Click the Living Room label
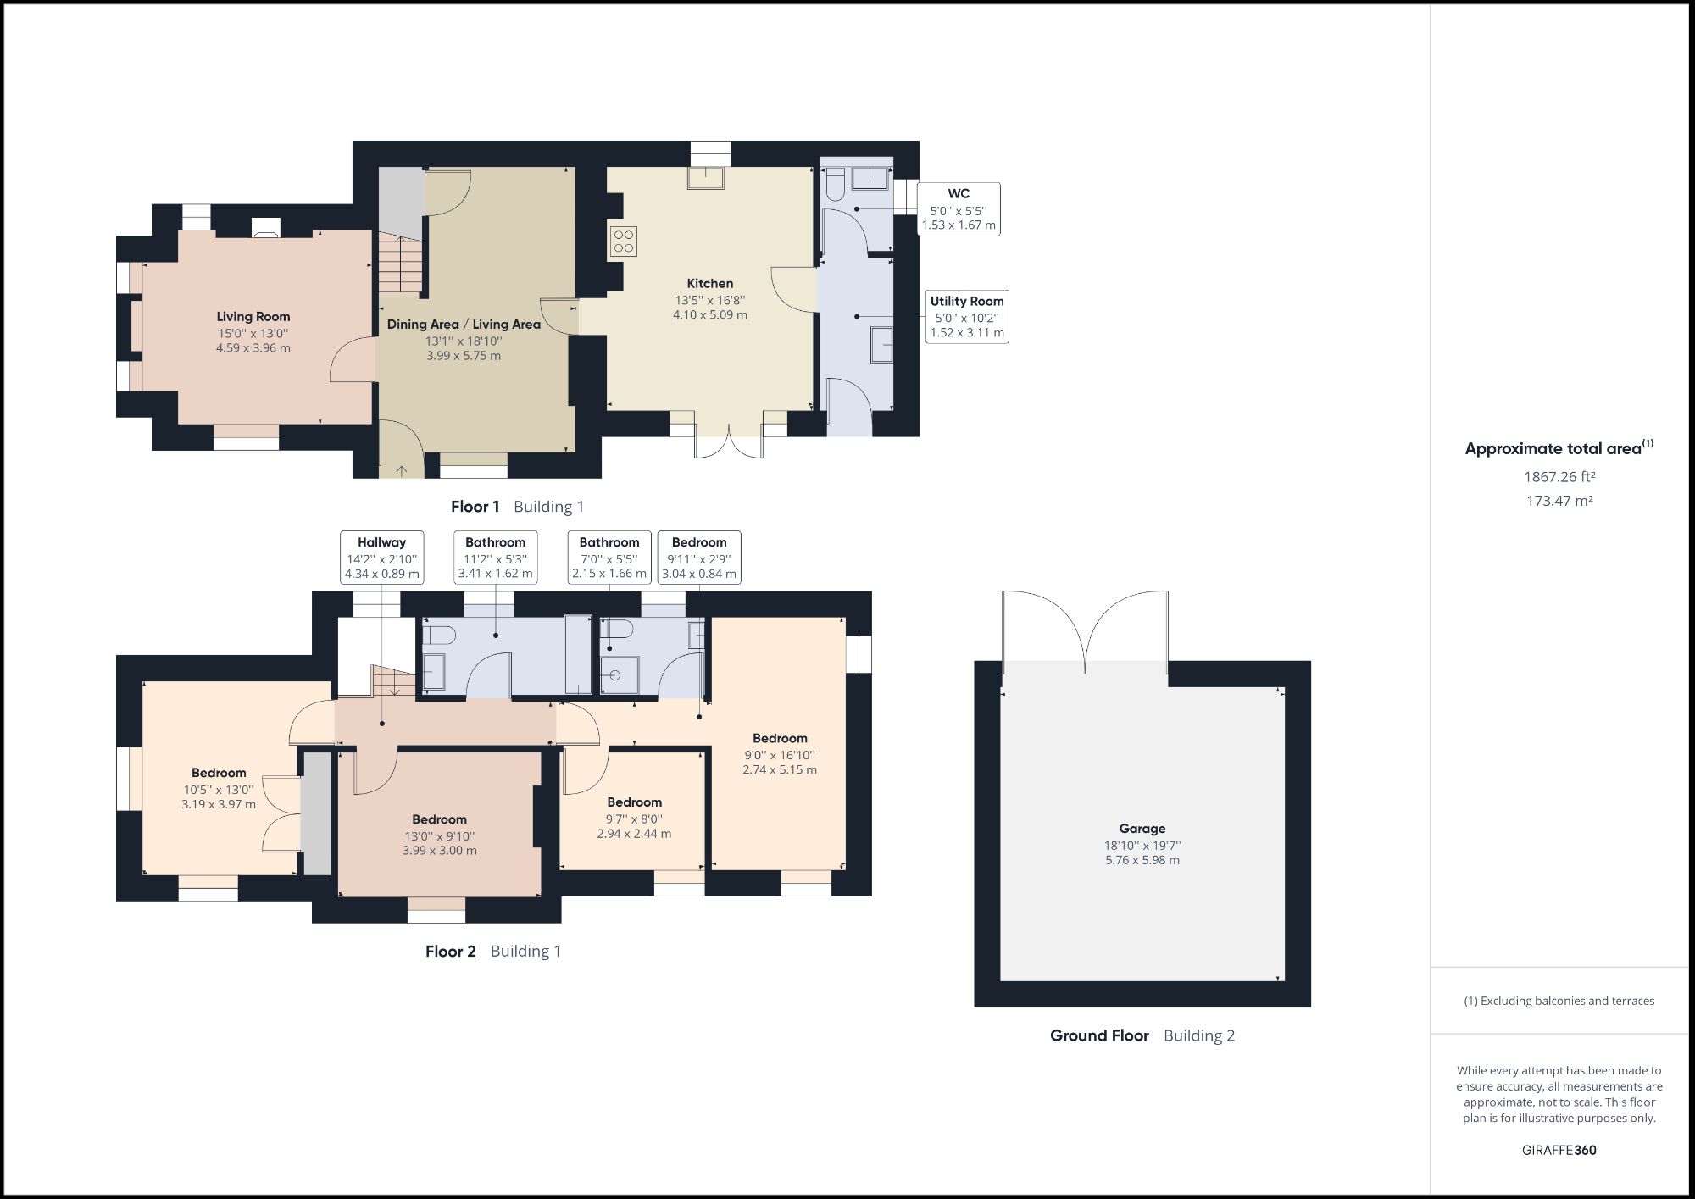tap(253, 317)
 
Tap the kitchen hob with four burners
tap(623, 241)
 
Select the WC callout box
tap(959, 209)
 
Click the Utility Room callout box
tap(967, 317)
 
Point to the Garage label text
tap(1142, 829)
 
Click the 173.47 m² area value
tap(1559, 501)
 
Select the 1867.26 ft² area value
tap(1559, 477)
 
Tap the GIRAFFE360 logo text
tap(1559, 1150)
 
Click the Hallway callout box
tap(381, 558)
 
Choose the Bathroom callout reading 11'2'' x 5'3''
tap(495, 558)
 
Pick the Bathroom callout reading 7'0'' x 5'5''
tap(609, 558)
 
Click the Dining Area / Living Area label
tap(464, 325)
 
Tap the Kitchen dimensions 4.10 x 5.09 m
tap(710, 315)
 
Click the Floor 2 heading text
tap(450, 952)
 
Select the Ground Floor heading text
tap(1099, 1035)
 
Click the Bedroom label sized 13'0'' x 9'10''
tap(439, 819)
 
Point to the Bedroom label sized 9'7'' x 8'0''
tap(634, 802)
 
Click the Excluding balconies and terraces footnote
tap(1559, 1001)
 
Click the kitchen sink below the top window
tap(705, 177)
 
